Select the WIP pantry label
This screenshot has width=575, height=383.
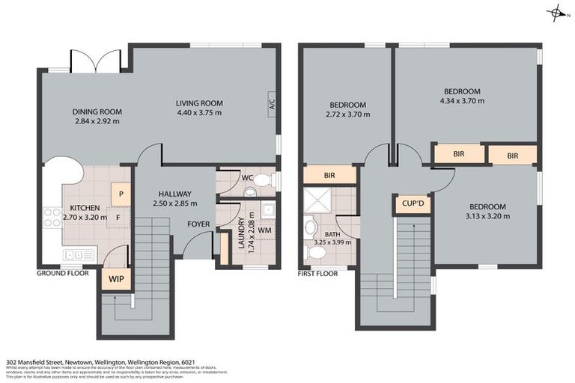[116, 279]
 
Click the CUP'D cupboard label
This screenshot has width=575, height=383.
[412, 204]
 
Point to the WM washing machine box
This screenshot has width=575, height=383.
[264, 230]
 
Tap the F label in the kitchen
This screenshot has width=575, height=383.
[118, 218]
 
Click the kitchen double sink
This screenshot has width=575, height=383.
[78, 255]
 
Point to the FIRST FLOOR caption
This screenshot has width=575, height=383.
[317, 273]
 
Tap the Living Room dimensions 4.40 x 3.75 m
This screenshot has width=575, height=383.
[199, 113]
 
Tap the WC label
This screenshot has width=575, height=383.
[246, 178]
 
